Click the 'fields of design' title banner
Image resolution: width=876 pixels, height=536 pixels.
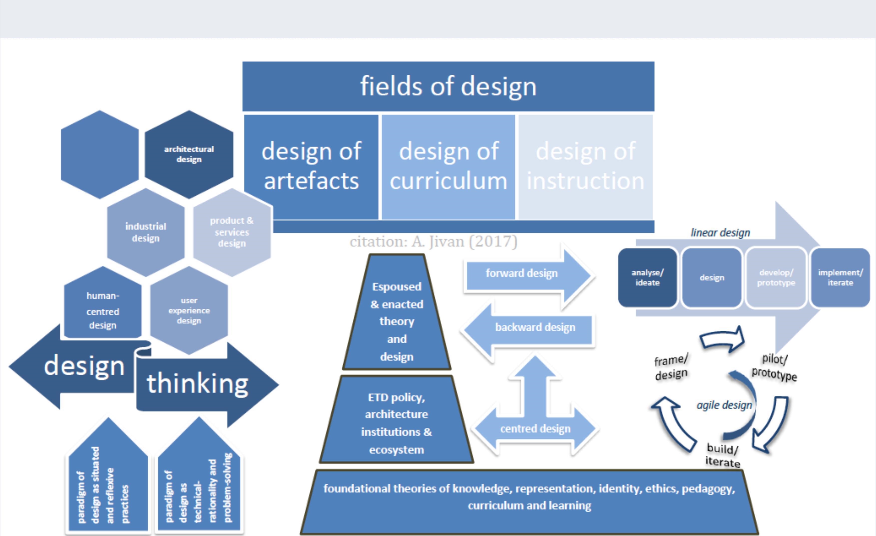tap(448, 86)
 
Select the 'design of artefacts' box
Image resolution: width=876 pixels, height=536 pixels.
tap(311, 166)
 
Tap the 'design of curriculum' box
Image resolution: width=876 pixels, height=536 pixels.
tap(448, 166)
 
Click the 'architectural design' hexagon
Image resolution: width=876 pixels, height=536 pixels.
tap(189, 154)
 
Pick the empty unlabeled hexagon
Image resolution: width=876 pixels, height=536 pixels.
tap(100, 154)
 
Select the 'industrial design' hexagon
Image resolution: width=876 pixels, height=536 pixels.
tap(146, 232)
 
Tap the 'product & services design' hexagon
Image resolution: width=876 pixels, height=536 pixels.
tap(232, 232)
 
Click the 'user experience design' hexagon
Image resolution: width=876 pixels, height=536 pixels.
tap(189, 310)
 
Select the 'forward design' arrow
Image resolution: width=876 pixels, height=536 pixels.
tap(522, 273)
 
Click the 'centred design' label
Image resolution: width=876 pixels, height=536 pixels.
tap(535, 429)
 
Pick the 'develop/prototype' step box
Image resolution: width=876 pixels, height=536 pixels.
tap(776, 277)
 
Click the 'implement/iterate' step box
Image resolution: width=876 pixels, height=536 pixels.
tap(840, 277)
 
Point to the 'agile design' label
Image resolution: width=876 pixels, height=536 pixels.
tap(724, 405)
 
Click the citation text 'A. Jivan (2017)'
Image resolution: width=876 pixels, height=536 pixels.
tap(464, 242)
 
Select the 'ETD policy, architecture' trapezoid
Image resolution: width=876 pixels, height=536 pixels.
tap(396, 423)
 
